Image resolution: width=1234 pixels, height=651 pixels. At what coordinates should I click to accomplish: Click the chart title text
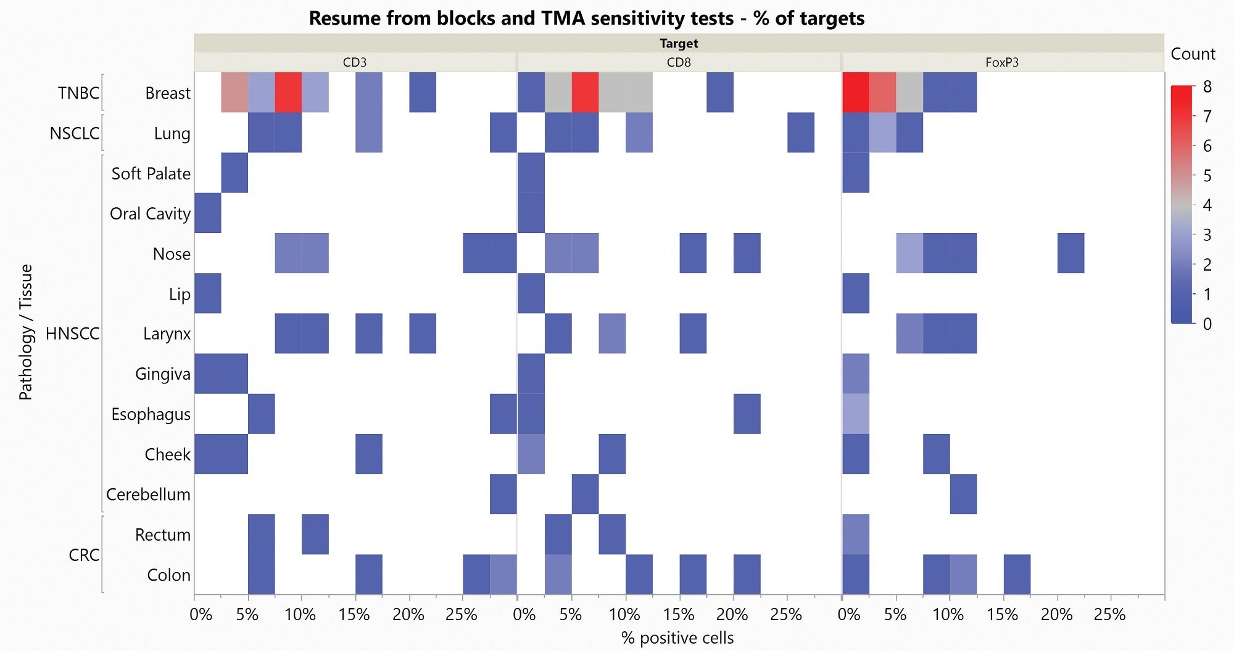pyautogui.click(x=586, y=18)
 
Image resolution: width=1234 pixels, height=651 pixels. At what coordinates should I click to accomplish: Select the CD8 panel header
pyautogui.click(x=679, y=62)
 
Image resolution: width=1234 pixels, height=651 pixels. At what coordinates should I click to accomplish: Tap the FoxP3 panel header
pyautogui.click(x=1002, y=62)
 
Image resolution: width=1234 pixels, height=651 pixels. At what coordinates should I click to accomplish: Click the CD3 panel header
pyautogui.click(x=355, y=62)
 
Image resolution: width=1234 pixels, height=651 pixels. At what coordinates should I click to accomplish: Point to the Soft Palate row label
pyautogui.click(x=151, y=174)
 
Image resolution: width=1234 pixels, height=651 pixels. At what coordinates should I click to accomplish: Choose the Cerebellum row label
pyautogui.click(x=148, y=494)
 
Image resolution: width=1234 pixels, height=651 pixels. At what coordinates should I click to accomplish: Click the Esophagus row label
pyautogui.click(x=151, y=414)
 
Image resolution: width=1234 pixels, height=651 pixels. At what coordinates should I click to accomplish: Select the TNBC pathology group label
pyautogui.click(x=78, y=93)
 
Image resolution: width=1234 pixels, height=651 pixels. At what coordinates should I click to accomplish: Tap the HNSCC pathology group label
pyautogui.click(x=72, y=334)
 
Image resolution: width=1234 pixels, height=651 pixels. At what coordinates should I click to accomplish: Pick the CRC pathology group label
pyautogui.click(x=84, y=555)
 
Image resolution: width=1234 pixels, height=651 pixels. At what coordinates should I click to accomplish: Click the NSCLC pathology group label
pyautogui.click(x=74, y=133)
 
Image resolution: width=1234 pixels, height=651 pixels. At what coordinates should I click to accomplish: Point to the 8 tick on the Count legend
pyautogui.click(x=1207, y=87)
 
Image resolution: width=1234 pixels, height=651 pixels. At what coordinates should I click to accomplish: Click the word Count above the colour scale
pyautogui.click(x=1193, y=54)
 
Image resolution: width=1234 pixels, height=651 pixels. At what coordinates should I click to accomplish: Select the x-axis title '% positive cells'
pyautogui.click(x=677, y=638)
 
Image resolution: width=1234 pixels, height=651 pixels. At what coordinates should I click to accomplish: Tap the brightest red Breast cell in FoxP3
pyautogui.click(x=856, y=92)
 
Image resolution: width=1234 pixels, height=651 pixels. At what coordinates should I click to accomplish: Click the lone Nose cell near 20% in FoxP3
pyautogui.click(x=1070, y=253)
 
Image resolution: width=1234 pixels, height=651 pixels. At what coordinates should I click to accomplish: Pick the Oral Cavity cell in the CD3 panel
pyautogui.click(x=208, y=213)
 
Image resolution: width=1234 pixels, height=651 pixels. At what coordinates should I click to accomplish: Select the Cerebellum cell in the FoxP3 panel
pyautogui.click(x=963, y=494)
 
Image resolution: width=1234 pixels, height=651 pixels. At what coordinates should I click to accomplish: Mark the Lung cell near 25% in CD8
pyautogui.click(x=801, y=133)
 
